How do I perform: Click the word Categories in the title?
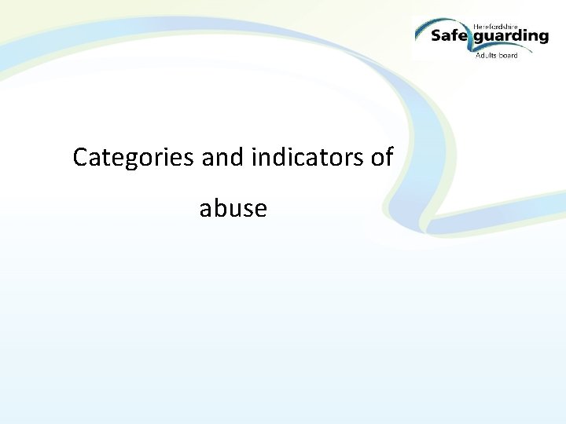[x=133, y=158]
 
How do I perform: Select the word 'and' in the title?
[x=223, y=158]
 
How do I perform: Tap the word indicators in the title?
[x=307, y=158]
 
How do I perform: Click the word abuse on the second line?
[x=233, y=209]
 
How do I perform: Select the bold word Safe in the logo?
[x=451, y=36]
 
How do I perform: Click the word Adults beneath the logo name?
[x=487, y=55]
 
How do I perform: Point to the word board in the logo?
[x=508, y=55]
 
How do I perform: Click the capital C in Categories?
[x=79, y=158]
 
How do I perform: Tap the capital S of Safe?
[x=436, y=36]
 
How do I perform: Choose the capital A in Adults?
[x=478, y=55]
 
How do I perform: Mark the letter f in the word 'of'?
[x=389, y=157]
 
